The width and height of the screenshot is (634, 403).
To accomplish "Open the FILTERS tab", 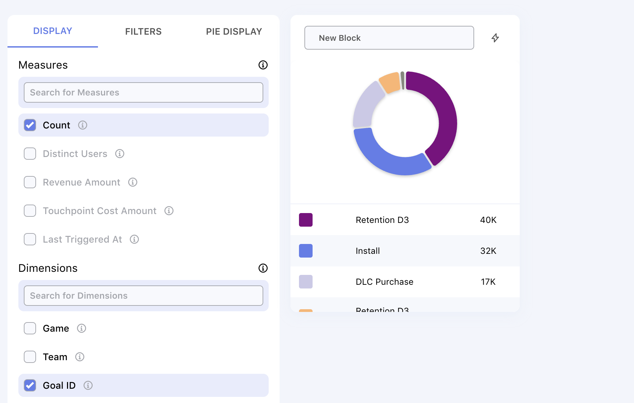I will point(143,32).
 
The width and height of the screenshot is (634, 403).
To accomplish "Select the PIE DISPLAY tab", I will point(234,32).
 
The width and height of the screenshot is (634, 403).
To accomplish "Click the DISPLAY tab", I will point(53,31).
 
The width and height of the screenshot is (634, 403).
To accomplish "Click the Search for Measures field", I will point(143,92).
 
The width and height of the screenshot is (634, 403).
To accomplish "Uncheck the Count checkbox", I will point(30,125).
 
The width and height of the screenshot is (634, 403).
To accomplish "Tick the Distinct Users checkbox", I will point(30,154).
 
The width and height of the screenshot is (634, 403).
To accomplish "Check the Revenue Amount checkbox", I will point(30,182).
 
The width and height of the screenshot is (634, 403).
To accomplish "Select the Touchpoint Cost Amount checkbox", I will point(30,211).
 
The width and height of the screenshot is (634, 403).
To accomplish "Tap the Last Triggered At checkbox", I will point(30,239).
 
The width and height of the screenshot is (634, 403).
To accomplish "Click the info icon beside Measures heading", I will point(263,65).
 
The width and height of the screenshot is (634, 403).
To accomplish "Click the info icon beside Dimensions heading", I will point(263,268).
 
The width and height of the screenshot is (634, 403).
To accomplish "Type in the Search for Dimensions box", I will point(143,296).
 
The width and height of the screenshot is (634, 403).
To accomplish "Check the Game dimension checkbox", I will point(30,328).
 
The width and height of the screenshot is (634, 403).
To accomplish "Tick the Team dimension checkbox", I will point(30,357).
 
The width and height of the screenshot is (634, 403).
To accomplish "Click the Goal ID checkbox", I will point(30,385).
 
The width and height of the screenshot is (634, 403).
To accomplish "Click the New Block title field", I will point(389,38).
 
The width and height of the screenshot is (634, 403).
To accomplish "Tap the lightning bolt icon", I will point(495,38).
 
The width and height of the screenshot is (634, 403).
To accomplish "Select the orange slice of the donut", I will point(390,82).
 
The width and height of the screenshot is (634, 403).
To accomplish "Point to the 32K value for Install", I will point(488,251).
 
